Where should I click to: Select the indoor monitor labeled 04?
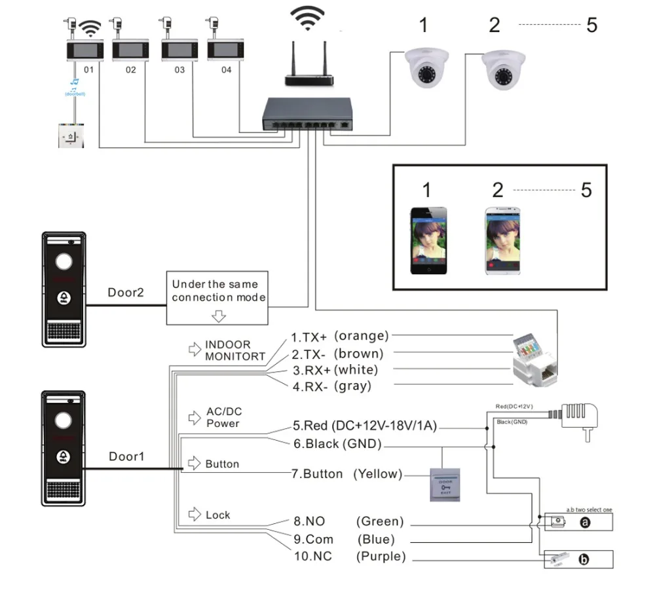click(x=221, y=50)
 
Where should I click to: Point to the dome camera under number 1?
click(x=423, y=67)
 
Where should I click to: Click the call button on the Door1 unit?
click(x=64, y=456)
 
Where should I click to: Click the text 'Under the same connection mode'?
click(x=218, y=291)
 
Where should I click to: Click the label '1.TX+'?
click(x=309, y=337)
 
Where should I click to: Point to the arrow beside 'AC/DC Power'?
click(x=195, y=417)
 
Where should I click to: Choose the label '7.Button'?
click(x=317, y=473)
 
